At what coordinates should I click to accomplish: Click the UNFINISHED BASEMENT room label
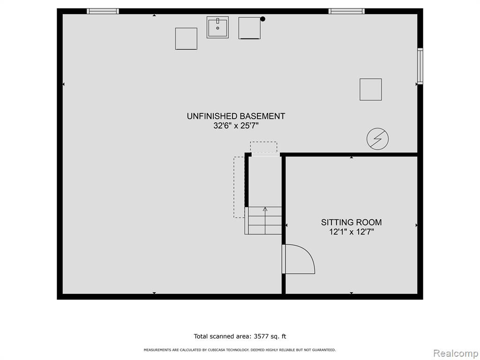click(236, 116)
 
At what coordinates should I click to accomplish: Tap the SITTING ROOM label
click(351, 222)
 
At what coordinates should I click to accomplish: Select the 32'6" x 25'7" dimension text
click(236, 126)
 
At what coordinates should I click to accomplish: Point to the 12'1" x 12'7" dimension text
click(352, 232)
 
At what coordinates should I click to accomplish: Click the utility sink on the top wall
click(217, 27)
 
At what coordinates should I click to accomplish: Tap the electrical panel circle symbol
click(377, 139)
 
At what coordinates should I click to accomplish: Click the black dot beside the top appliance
click(262, 19)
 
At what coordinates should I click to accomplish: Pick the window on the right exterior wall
click(420, 66)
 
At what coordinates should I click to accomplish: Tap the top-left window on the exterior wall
click(103, 11)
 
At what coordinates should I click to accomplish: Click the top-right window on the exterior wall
click(346, 11)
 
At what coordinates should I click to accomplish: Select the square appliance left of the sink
click(186, 38)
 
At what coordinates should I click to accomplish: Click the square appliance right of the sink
click(249, 28)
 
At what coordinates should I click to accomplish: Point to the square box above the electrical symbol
click(371, 90)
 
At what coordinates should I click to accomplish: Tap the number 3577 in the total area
click(260, 337)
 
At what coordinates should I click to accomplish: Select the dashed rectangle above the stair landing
click(263, 147)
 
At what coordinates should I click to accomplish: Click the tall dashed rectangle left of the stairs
click(239, 187)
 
